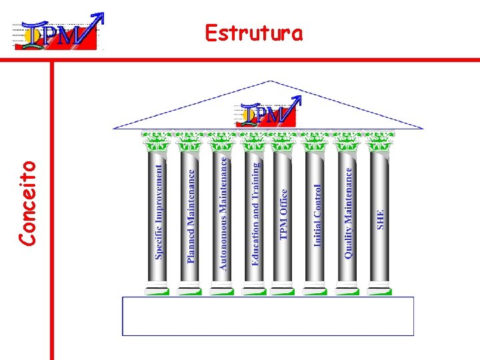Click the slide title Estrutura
(253, 33)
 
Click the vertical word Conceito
(27, 201)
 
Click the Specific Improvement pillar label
(159, 212)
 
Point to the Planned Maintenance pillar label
(191, 215)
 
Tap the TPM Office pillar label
(284, 214)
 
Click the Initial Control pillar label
(317, 215)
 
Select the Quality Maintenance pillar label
(348, 212)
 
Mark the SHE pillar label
(381, 219)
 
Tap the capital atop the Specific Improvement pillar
(157, 141)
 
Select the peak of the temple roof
(269, 83)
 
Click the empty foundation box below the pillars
(268, 316)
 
